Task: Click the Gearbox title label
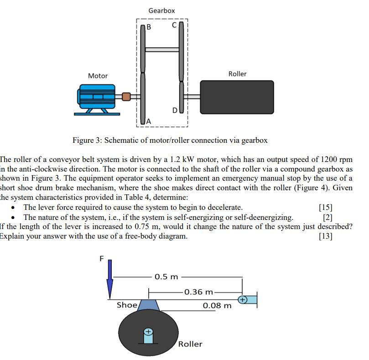coord(161,10)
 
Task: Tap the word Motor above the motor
coord(98,76)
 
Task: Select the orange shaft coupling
coord(126,96)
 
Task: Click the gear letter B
coord(148,27)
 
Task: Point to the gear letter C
coord(174,26)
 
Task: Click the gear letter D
coord(175,110)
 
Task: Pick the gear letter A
coord(148,120)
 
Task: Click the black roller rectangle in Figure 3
coord(237,97)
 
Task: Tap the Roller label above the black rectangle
coord(237,73)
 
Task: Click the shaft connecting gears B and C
coord(162,49)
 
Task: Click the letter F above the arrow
coord(102,259)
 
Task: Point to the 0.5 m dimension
coord(166,277)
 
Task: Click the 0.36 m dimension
coord(198,292)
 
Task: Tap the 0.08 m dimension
coord(217,305)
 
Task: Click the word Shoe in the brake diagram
coord(127,305)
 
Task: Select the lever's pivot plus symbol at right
coord(243,300)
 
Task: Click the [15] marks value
coord(326,207)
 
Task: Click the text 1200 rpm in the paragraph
coord(337,159)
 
